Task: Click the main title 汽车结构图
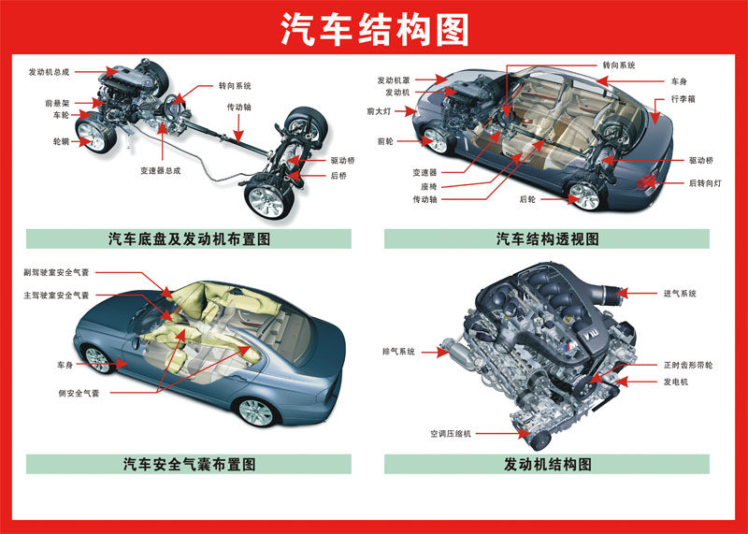(374, 30)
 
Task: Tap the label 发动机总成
(49, 71)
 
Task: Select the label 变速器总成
(160, 171)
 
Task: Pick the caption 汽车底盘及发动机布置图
(189, 239)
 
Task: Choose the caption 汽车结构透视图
(547, 239)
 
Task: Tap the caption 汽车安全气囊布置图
(189, 464)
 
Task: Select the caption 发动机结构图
(547, 464)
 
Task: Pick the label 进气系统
(680, 294)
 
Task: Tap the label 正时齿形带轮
(687, 365)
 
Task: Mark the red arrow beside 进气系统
(640, 294)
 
